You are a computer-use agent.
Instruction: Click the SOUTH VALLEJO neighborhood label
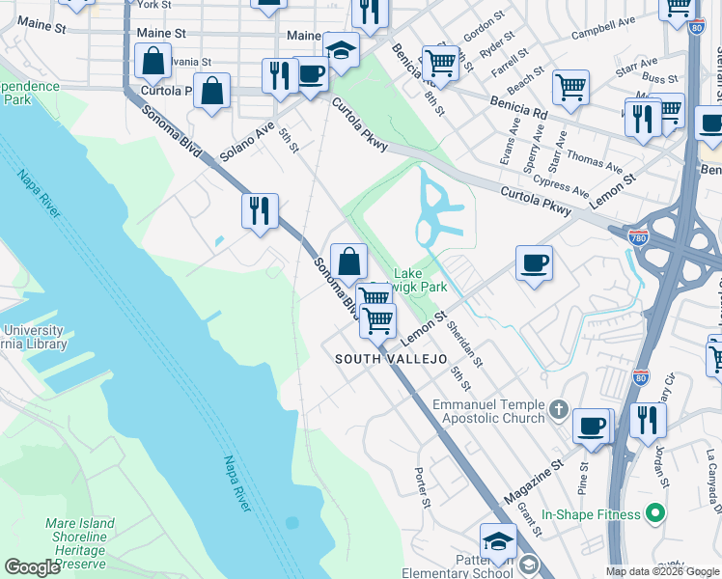tap(391, 359)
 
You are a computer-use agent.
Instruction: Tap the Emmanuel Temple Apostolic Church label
tap(489, 412)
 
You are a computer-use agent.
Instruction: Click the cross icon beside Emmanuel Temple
tap(558, 412)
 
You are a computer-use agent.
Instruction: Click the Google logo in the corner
tap(32, 567)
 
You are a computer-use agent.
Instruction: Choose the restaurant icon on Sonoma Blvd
tap(260, 210)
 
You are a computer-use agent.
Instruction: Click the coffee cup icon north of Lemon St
tap(534, 262)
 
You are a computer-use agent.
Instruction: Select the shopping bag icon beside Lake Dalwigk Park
tap(348, 260)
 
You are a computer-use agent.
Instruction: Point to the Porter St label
tap(421, 488)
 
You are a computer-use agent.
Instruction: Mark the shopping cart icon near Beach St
tap(570, 87)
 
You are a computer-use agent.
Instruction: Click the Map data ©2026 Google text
tap(661, 571)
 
